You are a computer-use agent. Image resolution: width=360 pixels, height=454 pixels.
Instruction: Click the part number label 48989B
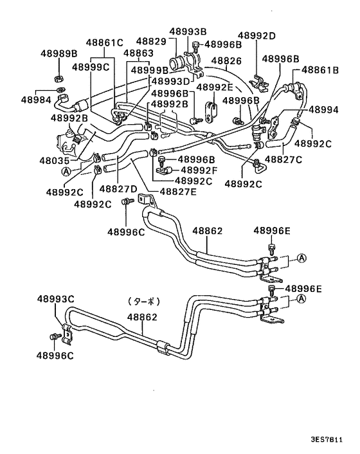pyautogui.click(x=59, y=54)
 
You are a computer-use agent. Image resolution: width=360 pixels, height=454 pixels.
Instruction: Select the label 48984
pyautogui.click(x=35, y=100)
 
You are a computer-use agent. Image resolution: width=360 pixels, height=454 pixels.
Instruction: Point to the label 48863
pyautogui.click(x=138, y=53)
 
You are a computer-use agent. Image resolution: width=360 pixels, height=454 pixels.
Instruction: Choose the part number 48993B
pyautogui.click(x=188, y=31)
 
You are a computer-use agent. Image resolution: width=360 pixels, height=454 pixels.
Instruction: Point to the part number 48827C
pyautogui.click(x=283, y=159)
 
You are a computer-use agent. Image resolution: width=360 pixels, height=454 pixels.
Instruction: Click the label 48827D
pyautogui.click(x=119, y=189)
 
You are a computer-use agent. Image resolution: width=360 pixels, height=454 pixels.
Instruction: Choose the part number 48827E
pyautogui.click(x=179, y=191)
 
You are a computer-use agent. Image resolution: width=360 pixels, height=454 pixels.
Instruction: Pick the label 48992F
pyautogui.click(x=200, y=170)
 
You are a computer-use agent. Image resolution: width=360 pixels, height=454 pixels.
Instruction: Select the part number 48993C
pyautogui.click(x=56, y=299)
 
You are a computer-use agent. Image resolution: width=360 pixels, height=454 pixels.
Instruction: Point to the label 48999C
pyautogui.click(x=91, y=66)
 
